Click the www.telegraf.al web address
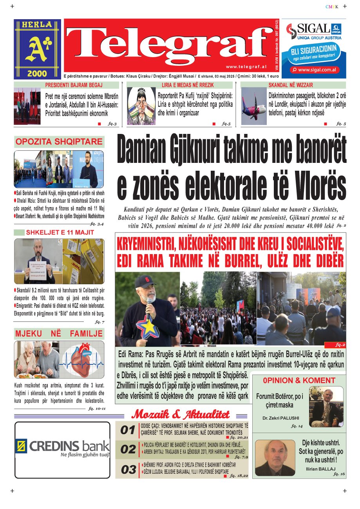(x=246, y=67)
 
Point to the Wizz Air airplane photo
(x=253, y=105)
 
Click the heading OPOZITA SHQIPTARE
(x=59, y=142)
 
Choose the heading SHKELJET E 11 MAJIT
(x=60, y=233)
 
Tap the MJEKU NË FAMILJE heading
(x=59, y=334)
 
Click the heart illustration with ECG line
(x=83, y=359)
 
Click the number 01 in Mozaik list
(x=128, y=431)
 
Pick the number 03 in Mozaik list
(x=128, y=470)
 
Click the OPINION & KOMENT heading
(x=299, y=381)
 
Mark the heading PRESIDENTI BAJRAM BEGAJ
(x=74, y=85)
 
